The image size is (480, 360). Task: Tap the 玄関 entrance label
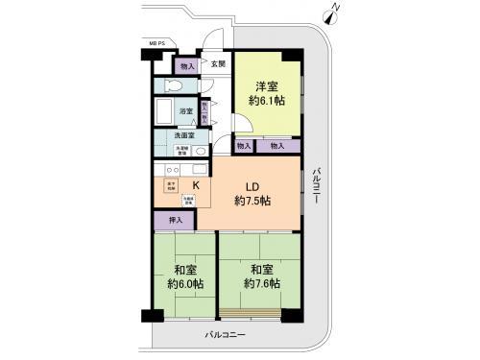pyautogui.click(x=219, y=64)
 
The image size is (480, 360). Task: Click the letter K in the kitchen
pyautogui.click(x=196, y=184)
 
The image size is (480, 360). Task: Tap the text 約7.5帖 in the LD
pyautogui.click(x=252, y=202)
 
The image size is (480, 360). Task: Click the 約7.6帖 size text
pyautogui.click(x=260, y=284)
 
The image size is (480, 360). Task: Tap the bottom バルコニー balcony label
pyautogui.click(x=226, y=334)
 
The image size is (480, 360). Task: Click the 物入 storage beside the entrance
pyautogui.click(x=186, y=66)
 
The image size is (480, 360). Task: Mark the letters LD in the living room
pyautogui.click(x=252, y=185)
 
